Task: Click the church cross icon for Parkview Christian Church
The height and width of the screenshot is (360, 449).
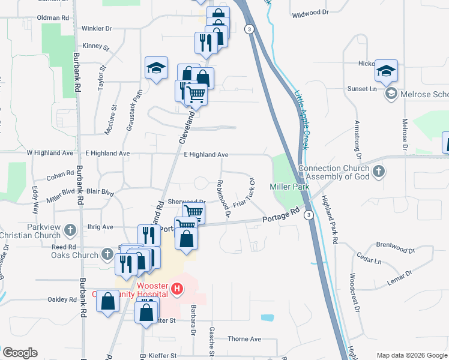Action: pos(70,229)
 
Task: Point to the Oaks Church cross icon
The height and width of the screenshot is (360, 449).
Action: pos(107,254)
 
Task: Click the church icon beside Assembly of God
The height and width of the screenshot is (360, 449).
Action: pos(378,172)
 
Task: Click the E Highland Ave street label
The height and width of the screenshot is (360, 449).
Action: pos(206,154)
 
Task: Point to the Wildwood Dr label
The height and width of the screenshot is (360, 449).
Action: pos(310,12)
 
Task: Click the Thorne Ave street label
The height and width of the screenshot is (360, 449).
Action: pos(244,339)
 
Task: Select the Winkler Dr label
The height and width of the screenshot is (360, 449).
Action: pos(96,28)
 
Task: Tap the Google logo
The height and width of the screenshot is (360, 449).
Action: pos(20,353)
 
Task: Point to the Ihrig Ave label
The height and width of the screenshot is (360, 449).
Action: pos(100,227)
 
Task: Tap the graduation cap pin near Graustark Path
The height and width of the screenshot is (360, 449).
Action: pos(156,68)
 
